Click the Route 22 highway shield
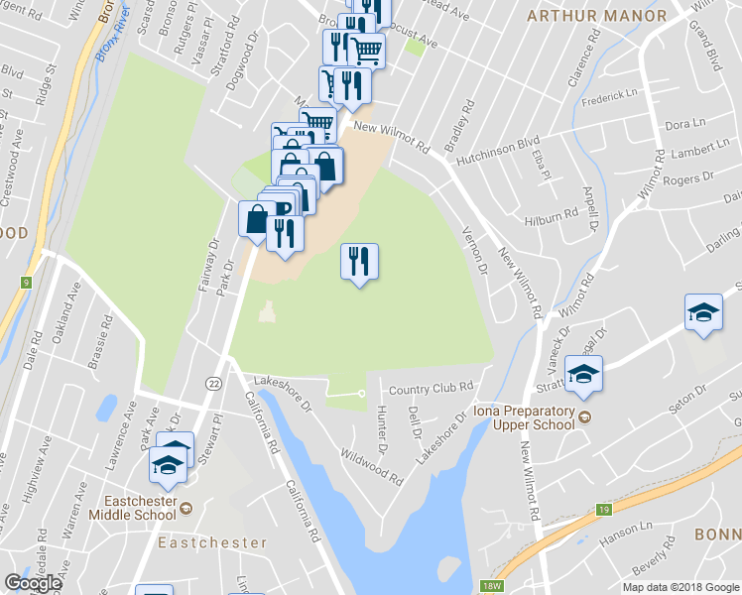coord(213,383)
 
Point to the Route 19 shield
coord(603,510)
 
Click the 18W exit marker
coord(492,587)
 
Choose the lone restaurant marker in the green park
coord(360,262)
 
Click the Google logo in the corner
coord(33,583)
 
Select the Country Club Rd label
coord(428,389)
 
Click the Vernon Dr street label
coord(476,250)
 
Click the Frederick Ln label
coord(610,95)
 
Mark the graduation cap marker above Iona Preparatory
coord(584,375)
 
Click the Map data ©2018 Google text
coord(680,586)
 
